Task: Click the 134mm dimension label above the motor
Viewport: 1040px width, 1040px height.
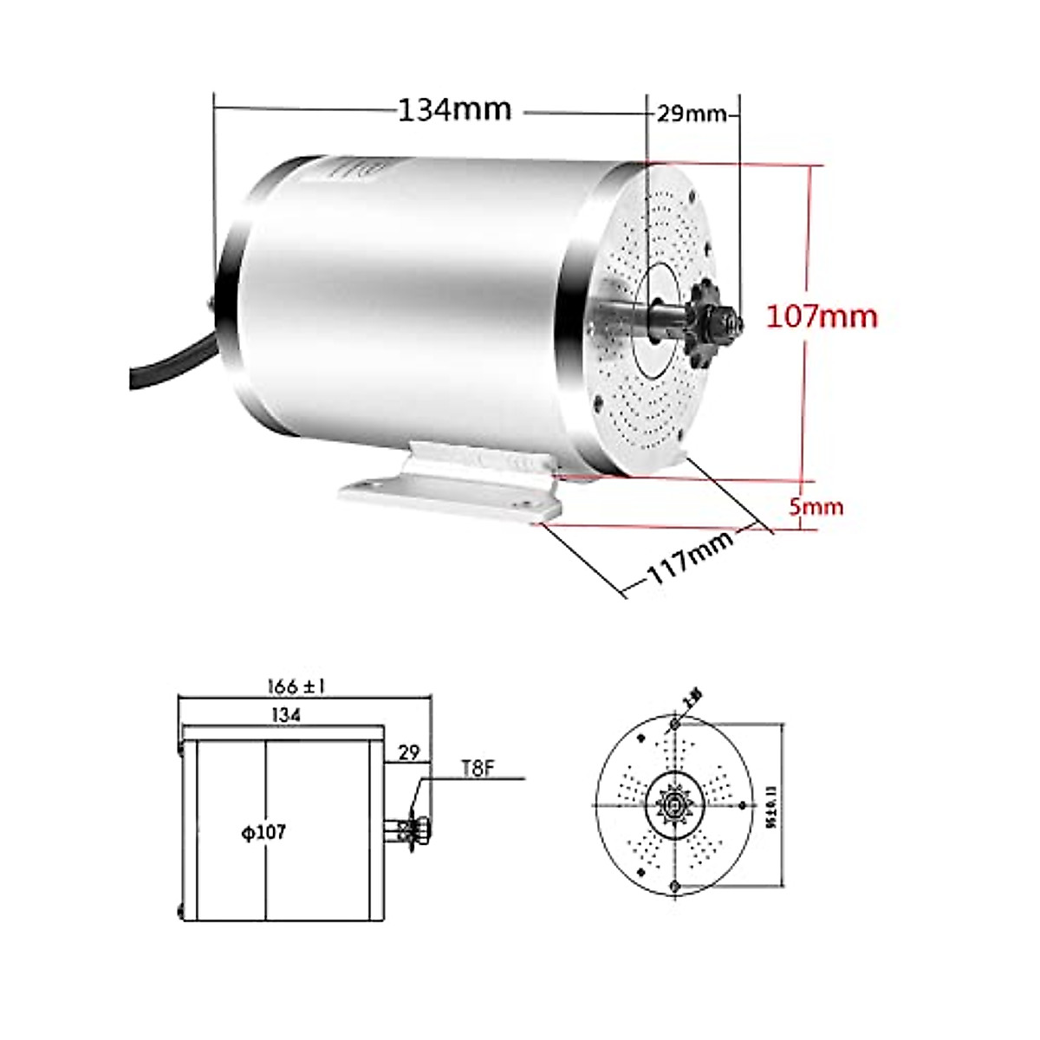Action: click(x=454, y=110)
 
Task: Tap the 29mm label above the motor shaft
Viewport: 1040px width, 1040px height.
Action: click(x=691, y=114)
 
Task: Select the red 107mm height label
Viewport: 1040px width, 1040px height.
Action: click(x=821, y=316)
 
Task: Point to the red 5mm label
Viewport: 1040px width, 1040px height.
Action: click(x=816, y=506)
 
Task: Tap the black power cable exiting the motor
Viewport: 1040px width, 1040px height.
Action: click(x=169, y=365)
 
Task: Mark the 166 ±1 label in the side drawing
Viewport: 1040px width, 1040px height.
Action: click(x=296, y=686)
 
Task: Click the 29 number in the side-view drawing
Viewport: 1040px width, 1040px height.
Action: click(x=408, y=751)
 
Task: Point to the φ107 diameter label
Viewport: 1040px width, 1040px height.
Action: click(x=263, y=833)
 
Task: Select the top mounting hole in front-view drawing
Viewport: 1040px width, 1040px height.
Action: click(x=675, y=723)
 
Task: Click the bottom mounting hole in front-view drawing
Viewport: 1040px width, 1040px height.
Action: click(x=675, y=885)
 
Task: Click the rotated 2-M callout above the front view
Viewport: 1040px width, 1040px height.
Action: click(x=692, y=696)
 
